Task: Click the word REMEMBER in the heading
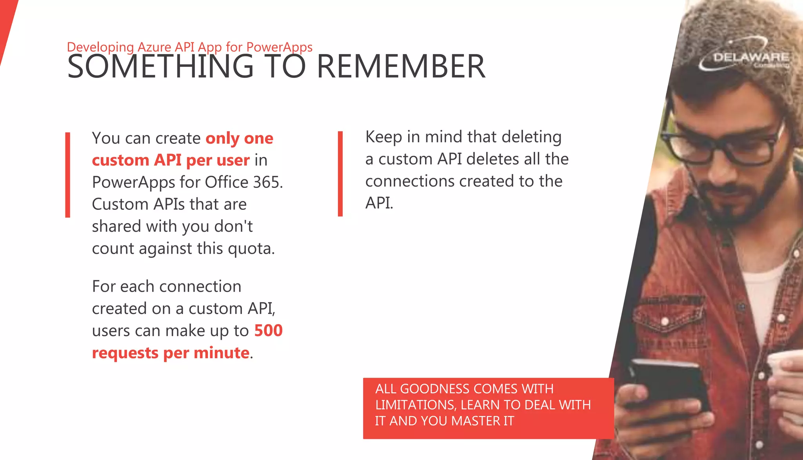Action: pyautogui.click(x=401, y=67)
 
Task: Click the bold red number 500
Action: pyautogui.click(x=268, y=331)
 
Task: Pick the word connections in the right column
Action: pyautogui.click(x=410, y=181)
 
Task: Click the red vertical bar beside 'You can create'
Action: pyautogui.click(x=68, y=175)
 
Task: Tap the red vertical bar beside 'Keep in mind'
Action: pyautogui.click(x=340, y=173)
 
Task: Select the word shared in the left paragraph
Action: pyautogui.click(x=116, y=226)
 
